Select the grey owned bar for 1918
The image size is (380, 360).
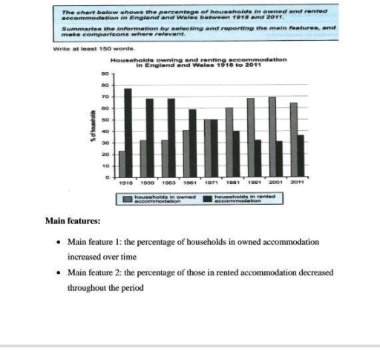[121, 163]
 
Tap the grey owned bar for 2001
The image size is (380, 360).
[272, 137]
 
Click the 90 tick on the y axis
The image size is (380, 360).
[105, 73]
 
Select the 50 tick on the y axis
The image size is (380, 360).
[105, 120]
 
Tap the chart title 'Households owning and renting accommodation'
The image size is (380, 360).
[198, 59]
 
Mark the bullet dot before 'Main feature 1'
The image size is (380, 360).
[58, 243]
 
